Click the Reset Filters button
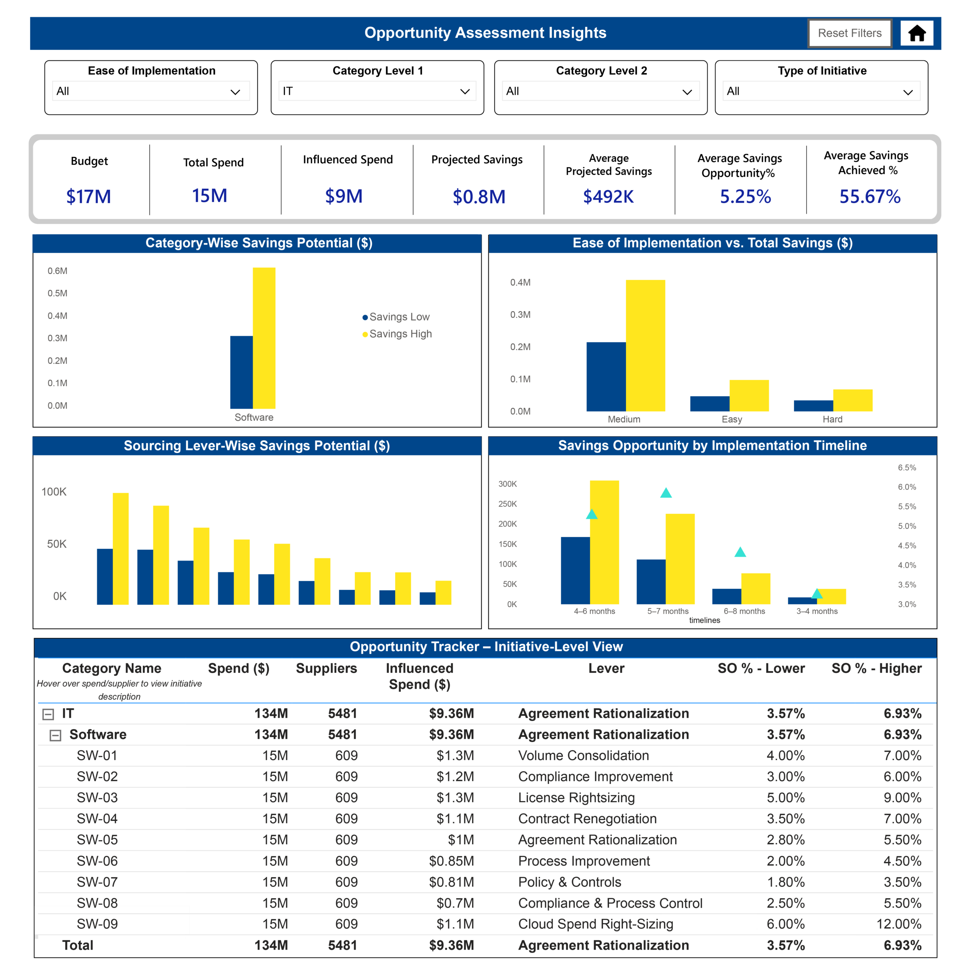(850, 33)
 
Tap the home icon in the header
(916, 33)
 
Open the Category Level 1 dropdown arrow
(465, 91)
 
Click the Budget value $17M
(89, 196)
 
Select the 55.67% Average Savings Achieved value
(870, 196)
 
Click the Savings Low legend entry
(396, 317)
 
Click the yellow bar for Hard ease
(853, 400)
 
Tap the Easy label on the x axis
(732, 419)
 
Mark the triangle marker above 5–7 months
(666, 493)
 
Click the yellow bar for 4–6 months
(605, 542)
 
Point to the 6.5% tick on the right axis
(907, 468)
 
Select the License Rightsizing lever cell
(576, 797)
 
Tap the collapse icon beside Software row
(56, 735)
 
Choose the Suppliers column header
(326, 668)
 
